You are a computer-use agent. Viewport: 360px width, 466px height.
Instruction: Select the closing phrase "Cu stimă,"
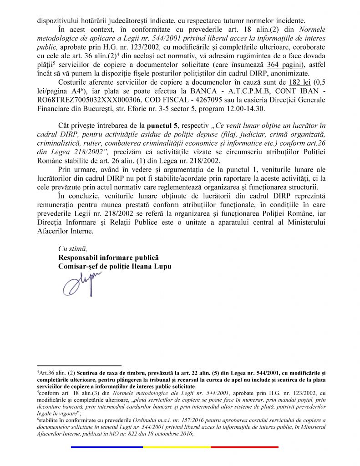(73, 248)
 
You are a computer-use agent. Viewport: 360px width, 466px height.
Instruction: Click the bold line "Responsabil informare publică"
(108, 258)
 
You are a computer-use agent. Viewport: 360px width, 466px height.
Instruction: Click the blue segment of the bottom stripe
(107, 447)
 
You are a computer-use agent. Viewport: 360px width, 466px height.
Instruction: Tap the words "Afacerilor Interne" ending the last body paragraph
(64, 231)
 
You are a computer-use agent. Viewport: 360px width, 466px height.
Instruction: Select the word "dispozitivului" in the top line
(58, 20)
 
